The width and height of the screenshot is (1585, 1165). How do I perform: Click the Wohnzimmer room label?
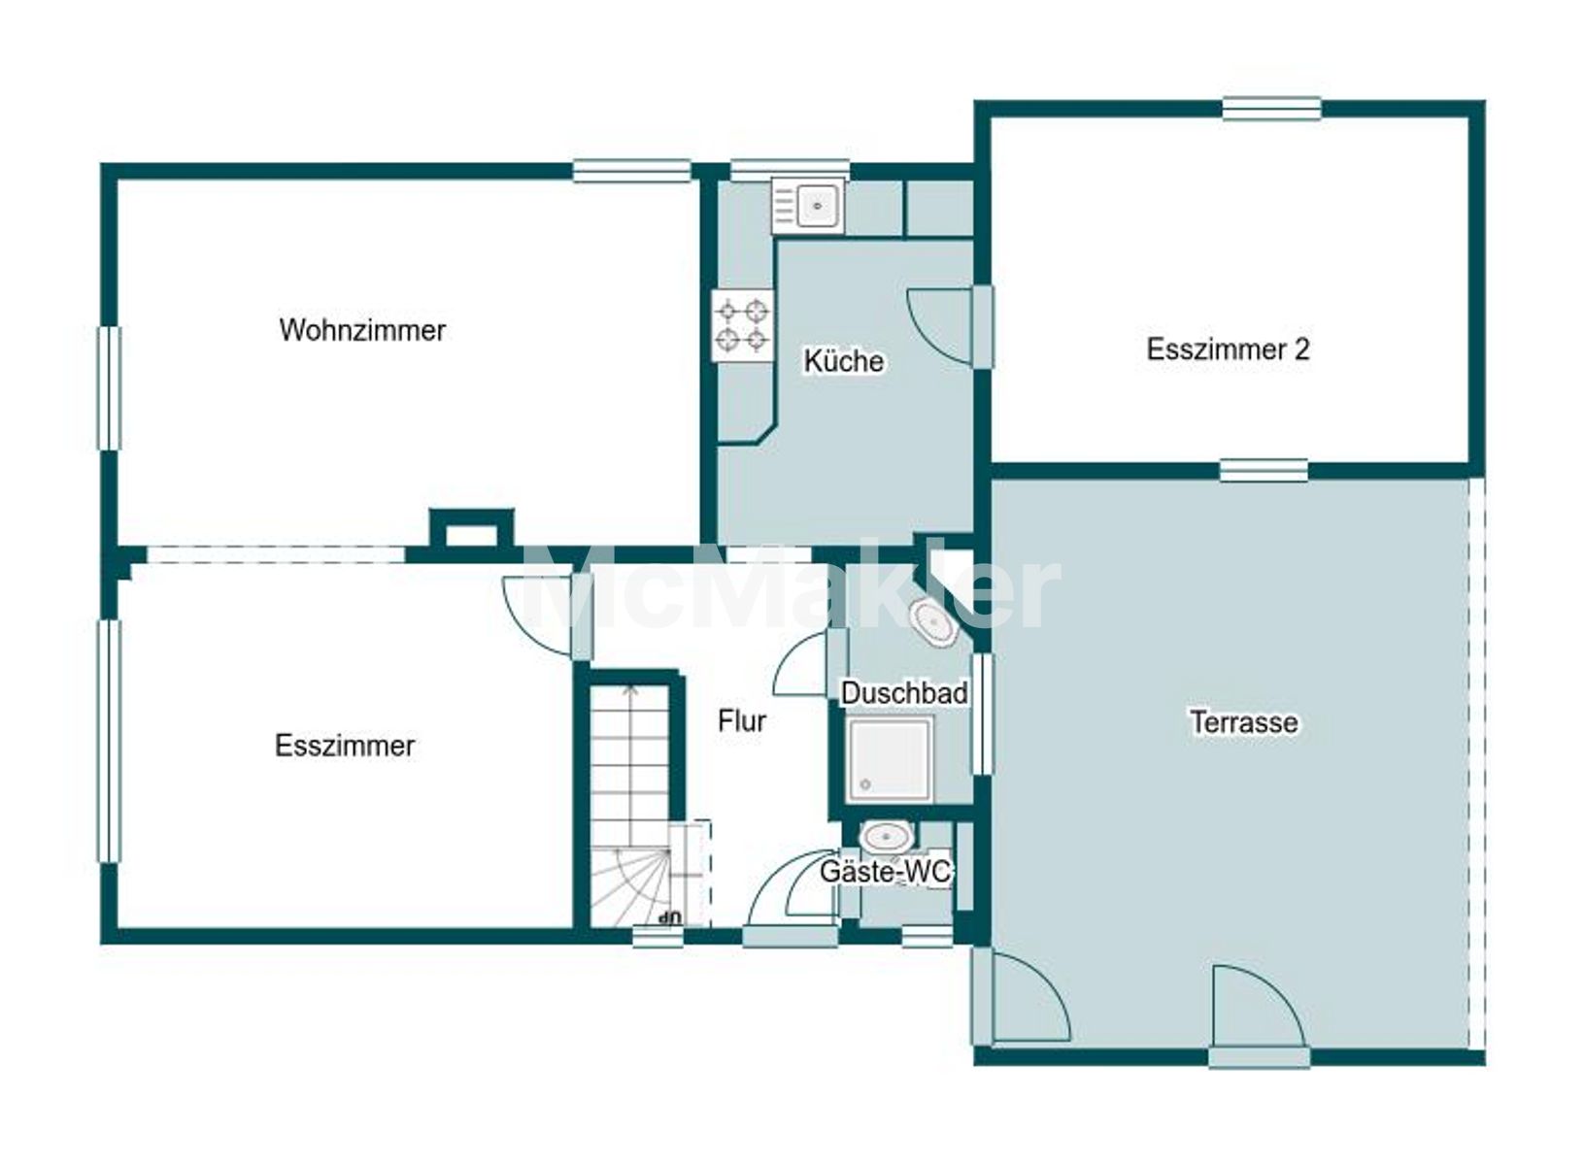point(362,330)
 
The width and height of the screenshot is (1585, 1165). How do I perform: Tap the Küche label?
point(843,361)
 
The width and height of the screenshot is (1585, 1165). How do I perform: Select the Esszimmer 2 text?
point(1228,349)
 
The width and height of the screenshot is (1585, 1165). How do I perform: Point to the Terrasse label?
point(1244,722)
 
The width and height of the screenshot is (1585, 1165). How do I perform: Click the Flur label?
point(742,721)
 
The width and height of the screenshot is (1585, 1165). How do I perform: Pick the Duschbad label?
point(904,693)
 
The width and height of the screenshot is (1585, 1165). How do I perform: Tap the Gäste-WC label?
point(885,872)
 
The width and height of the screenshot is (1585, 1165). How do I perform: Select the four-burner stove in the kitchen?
point(742,325)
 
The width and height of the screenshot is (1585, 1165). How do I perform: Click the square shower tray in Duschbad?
point(890,759)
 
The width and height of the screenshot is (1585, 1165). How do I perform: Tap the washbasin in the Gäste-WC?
point(885,838)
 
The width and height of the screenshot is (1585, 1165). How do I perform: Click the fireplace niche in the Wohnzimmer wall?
point(471,528)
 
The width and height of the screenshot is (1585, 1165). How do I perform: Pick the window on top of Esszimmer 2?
point(1271,108)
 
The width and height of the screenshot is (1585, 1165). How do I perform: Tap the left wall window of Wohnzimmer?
point(109,387)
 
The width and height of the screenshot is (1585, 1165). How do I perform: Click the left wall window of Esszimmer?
point(109,742)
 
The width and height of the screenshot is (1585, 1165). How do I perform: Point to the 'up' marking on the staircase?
point(669,918)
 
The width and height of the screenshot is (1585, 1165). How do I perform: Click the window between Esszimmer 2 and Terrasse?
point(1264,471)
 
